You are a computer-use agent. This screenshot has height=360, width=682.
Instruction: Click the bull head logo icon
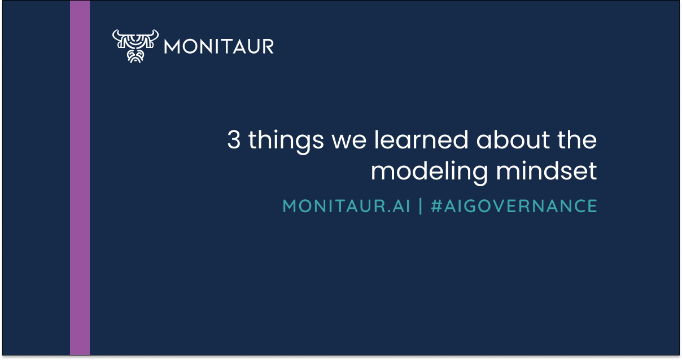tap(134, 46)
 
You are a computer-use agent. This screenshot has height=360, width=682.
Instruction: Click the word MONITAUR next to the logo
tap(219, 46)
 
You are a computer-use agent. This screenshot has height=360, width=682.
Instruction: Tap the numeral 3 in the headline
tap(234, 140)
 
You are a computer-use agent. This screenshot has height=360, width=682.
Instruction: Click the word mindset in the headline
tap(546, 171)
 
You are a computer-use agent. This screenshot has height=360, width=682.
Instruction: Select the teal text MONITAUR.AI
tap(346, 207)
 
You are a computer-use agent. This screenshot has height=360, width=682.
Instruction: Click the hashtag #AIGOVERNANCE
tap(514, 207)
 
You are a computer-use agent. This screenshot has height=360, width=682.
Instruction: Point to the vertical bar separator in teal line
tap(420, 207)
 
